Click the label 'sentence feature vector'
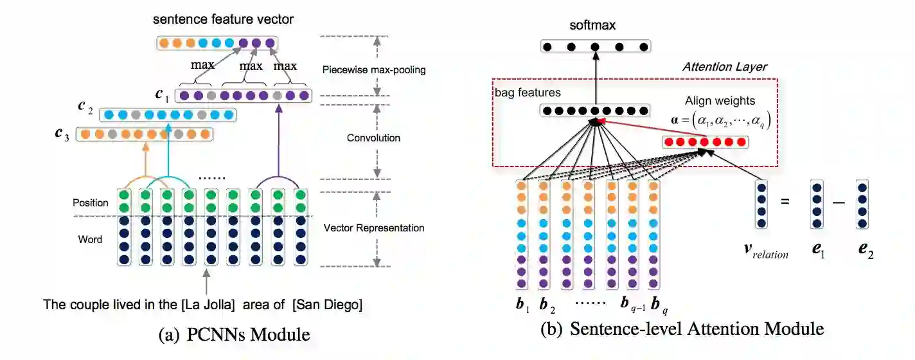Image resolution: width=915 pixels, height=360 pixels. pos(223,19)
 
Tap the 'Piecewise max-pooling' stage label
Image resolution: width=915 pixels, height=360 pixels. pos(374,69)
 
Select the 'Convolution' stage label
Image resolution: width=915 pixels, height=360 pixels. pos(373,138)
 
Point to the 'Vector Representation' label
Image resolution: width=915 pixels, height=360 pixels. pos(374,228)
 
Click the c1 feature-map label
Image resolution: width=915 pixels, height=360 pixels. pos(163,94)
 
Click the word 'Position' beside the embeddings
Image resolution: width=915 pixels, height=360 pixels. pos(90,203)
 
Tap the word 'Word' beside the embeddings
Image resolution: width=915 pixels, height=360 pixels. pos(90,239)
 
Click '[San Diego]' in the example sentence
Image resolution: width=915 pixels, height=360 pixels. pos(327,305)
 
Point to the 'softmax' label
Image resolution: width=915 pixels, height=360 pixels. pos(592,26)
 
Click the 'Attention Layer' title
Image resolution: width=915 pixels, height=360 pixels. pos(724,67)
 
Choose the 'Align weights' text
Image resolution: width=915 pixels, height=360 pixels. pos(720,101)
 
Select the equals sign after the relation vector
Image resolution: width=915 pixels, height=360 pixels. pos(784,201)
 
